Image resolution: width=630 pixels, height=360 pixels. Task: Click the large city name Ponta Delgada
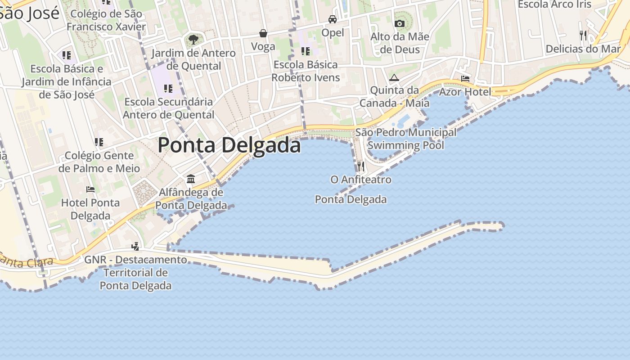click(x=229, y=145)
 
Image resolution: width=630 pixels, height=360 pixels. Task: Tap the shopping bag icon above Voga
click(x=263, y=33)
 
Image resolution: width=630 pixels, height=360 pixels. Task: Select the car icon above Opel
click(x=333, y=19)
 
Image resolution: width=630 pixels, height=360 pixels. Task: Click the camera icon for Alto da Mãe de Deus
click(x=399, y=23)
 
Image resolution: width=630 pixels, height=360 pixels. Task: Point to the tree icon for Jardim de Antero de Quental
click(x=193, y=40)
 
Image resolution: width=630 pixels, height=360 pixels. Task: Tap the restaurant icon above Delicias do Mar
click(x=583, y=35)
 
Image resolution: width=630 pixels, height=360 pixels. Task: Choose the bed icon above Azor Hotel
click(x=465, y=79)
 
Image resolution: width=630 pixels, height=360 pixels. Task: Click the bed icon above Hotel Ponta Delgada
click(x=90, y=189)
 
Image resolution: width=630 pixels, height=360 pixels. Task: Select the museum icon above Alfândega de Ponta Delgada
click(x=191, y=179)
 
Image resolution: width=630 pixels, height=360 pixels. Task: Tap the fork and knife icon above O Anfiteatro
click(x=360, y=166)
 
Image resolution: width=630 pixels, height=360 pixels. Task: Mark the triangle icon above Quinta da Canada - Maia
click(x=394, y=77)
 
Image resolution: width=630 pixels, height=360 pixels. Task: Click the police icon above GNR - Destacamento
click(x=135, y=246)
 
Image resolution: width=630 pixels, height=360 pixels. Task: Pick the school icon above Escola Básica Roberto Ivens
click(x=306, y=51)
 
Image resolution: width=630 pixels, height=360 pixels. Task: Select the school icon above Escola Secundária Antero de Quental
click(x=168, y=89)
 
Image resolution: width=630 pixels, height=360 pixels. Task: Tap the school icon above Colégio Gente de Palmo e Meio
click(x=99, y=143)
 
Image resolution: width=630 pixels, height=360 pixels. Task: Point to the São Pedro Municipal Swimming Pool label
click(x=405, y=139)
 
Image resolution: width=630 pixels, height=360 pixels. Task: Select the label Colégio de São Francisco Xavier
click(x=106, y=20)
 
